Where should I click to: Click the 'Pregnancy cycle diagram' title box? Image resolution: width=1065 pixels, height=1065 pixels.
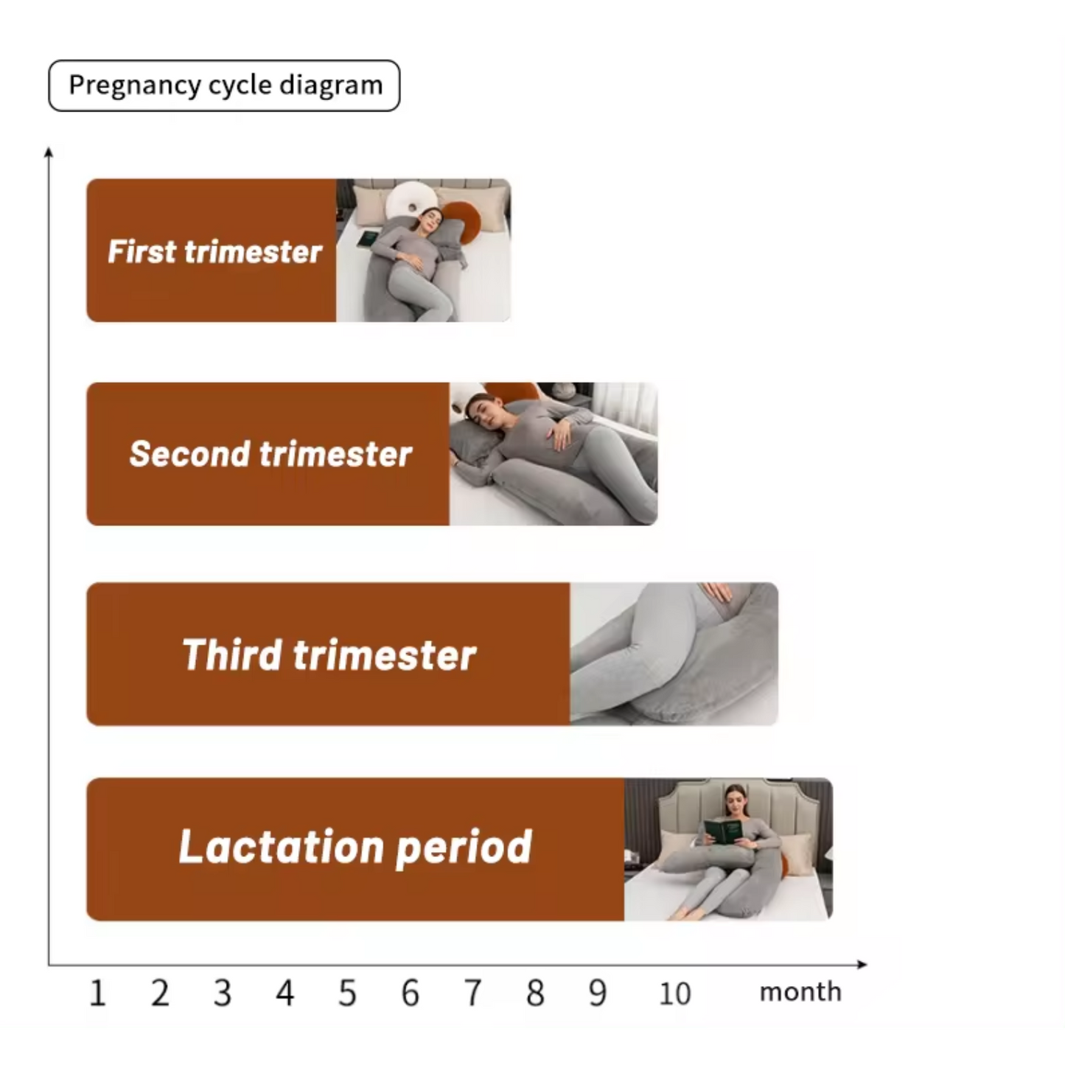[x=224, y=85]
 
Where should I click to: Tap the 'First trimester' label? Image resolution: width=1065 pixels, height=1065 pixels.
[x=214, y=251]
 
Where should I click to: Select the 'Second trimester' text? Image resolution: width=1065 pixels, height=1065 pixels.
[x=270, y=454]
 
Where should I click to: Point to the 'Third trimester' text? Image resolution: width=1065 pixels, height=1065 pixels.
[x=329, y=654]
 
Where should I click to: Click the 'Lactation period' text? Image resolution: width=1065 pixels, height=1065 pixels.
[x=355, y=848]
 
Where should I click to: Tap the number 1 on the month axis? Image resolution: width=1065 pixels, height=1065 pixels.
[x=97, y=993]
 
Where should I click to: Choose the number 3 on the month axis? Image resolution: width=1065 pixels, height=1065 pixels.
[x=222, y=993]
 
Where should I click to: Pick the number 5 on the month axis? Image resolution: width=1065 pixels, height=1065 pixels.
[x=347, y=993]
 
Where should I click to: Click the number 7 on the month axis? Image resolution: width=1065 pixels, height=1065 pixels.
[x=472, y=993]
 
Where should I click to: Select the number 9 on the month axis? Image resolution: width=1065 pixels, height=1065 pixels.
[x=598, y=993]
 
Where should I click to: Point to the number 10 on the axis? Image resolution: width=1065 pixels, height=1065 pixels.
[x=675, y=994]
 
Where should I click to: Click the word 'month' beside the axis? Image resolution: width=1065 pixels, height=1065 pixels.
[x=800, y=992]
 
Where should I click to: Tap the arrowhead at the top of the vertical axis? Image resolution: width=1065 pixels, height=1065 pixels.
[x=49, y=151]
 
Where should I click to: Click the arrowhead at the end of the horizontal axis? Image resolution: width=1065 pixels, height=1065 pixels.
[x=862, y=965]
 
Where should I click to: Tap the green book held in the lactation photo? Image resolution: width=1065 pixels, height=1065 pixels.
[x=723, y=832]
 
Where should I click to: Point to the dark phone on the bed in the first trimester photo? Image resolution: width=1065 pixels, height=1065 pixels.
[x=368, y=240]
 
